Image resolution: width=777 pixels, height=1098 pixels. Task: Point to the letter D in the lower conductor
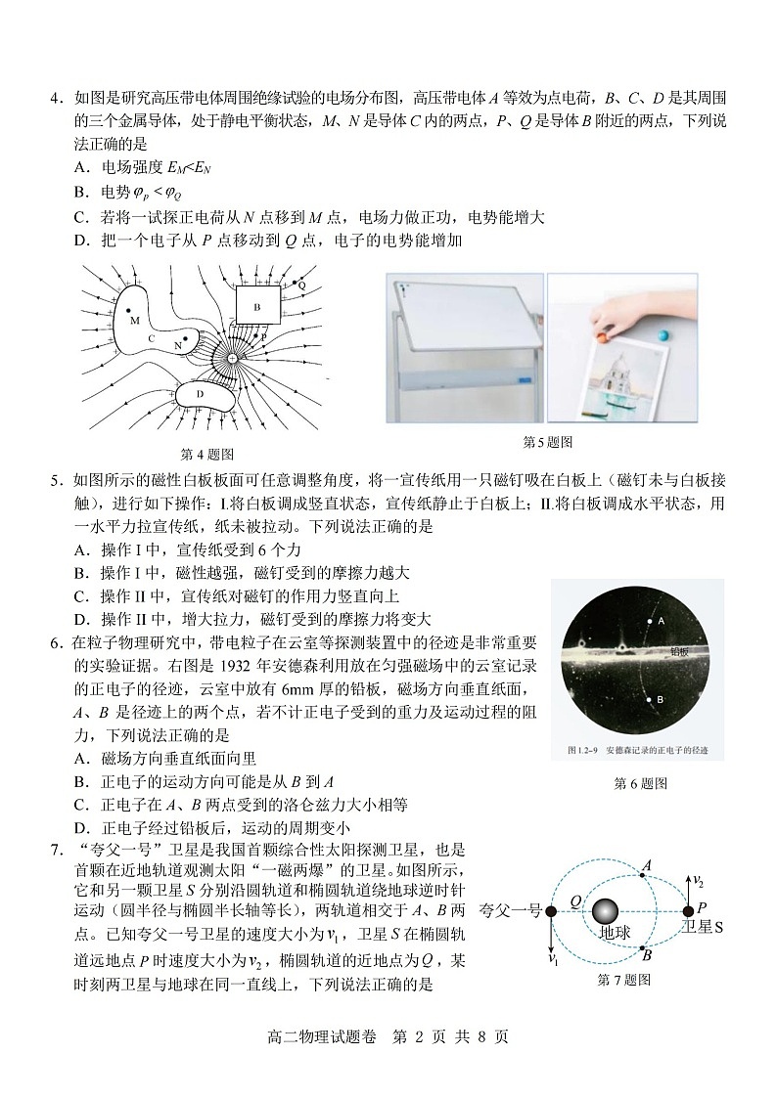200,394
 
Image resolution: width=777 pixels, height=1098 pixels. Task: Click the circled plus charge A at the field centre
232,359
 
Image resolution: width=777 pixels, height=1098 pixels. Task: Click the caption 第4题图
208,454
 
